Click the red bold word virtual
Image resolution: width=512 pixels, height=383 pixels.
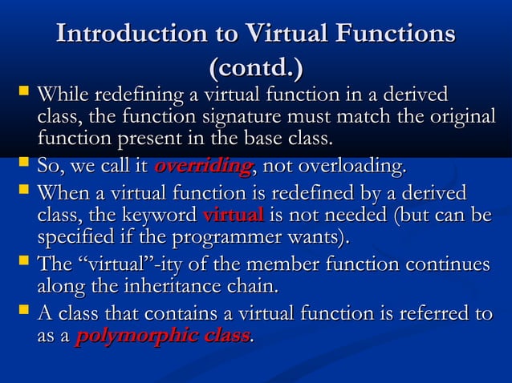pyautogui.click(x=234, y=215)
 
